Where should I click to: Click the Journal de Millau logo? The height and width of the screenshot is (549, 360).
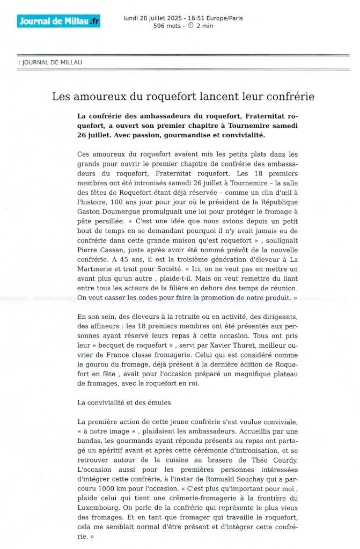[x=58, y=21]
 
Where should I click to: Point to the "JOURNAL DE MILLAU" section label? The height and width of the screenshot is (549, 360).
[x=52, y=62]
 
